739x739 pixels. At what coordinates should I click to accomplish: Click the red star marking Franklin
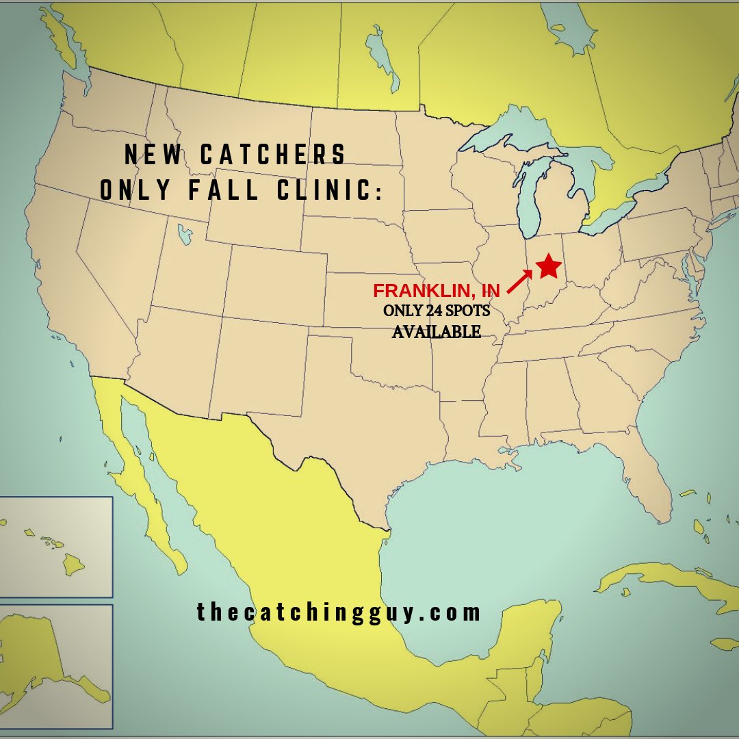pyautogui.click(x=549, y=266)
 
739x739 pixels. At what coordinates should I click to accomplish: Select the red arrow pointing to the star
pyautogui.click(x=519, y=282)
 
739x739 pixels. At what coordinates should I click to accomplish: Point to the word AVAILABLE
pyautogui.click(x=436, y=332)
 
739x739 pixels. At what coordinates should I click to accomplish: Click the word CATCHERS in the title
pyautogui.click(x=273, y=155)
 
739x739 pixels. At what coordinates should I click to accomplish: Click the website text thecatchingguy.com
pyautogui.click(x=339, y=612)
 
